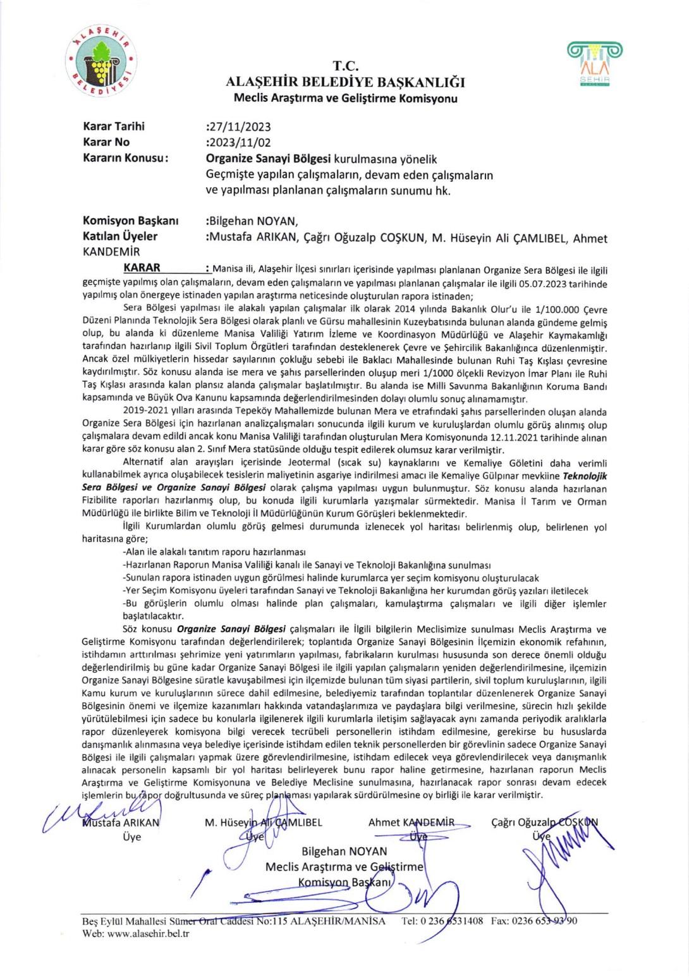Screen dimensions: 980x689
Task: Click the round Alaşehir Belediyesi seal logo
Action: tap(101, 61)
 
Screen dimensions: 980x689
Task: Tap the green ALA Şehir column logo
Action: tap(594, 63)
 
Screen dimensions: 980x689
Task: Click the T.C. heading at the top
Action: tap(345, 66)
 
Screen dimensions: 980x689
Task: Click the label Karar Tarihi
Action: tap(114, 126)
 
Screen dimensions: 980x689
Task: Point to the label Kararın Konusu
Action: tap(125, 158)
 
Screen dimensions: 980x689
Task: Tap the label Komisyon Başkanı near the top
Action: tap(130, 221)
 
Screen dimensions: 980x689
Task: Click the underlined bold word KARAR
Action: tap(142, 267)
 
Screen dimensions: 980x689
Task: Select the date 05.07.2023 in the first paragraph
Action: tap(542, 284)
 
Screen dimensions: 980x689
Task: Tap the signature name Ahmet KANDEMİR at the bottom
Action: tap(411, 823)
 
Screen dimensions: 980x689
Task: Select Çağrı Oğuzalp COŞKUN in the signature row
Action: tap(544, 823)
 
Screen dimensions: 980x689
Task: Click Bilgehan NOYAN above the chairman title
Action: tap(344, 852)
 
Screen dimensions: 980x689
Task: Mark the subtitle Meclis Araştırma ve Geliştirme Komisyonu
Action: tap(345, 98)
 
